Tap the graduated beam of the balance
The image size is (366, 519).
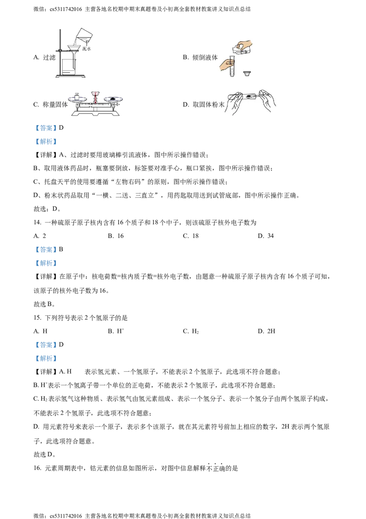[x=95, y=105]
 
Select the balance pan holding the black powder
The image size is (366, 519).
[x=113, y=99]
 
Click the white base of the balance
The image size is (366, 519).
[x=95, y=114]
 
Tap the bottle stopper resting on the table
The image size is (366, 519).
[x=247, y=73]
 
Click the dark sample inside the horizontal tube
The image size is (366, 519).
[x=249, y=96]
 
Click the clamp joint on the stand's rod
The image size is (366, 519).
[x=60, y=50]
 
